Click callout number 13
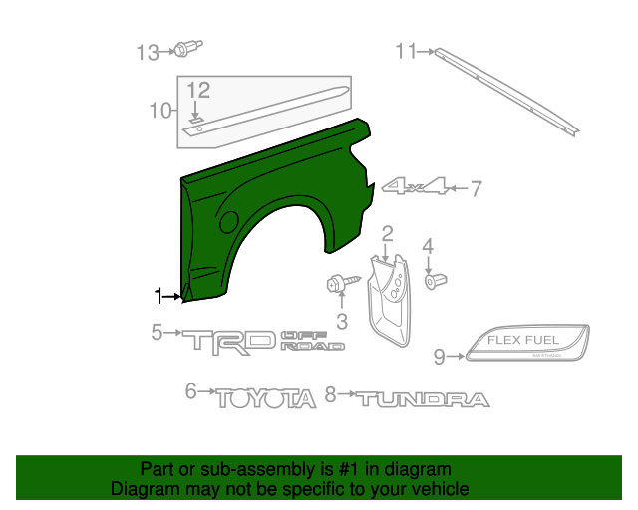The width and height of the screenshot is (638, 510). click(x=148, y=51)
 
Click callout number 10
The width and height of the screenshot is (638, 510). click(x=160, y=110)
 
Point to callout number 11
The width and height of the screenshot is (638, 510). click(x=405, y=51)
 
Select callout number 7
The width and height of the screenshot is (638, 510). click(x=476, y=187)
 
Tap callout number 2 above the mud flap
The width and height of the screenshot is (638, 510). click(x=387, y=234)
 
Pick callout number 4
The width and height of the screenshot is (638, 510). click(x=428, y=246)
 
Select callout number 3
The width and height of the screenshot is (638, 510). click(x=341, y=321)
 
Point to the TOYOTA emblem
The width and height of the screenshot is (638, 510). click(x=266, y=397)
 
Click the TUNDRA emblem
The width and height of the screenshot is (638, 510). click(x=424, y=399)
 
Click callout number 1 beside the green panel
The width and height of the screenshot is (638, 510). click(x=158, y=295)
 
